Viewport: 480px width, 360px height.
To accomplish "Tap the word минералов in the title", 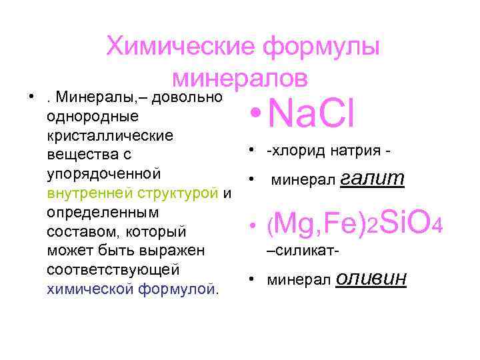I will (239, 78).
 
